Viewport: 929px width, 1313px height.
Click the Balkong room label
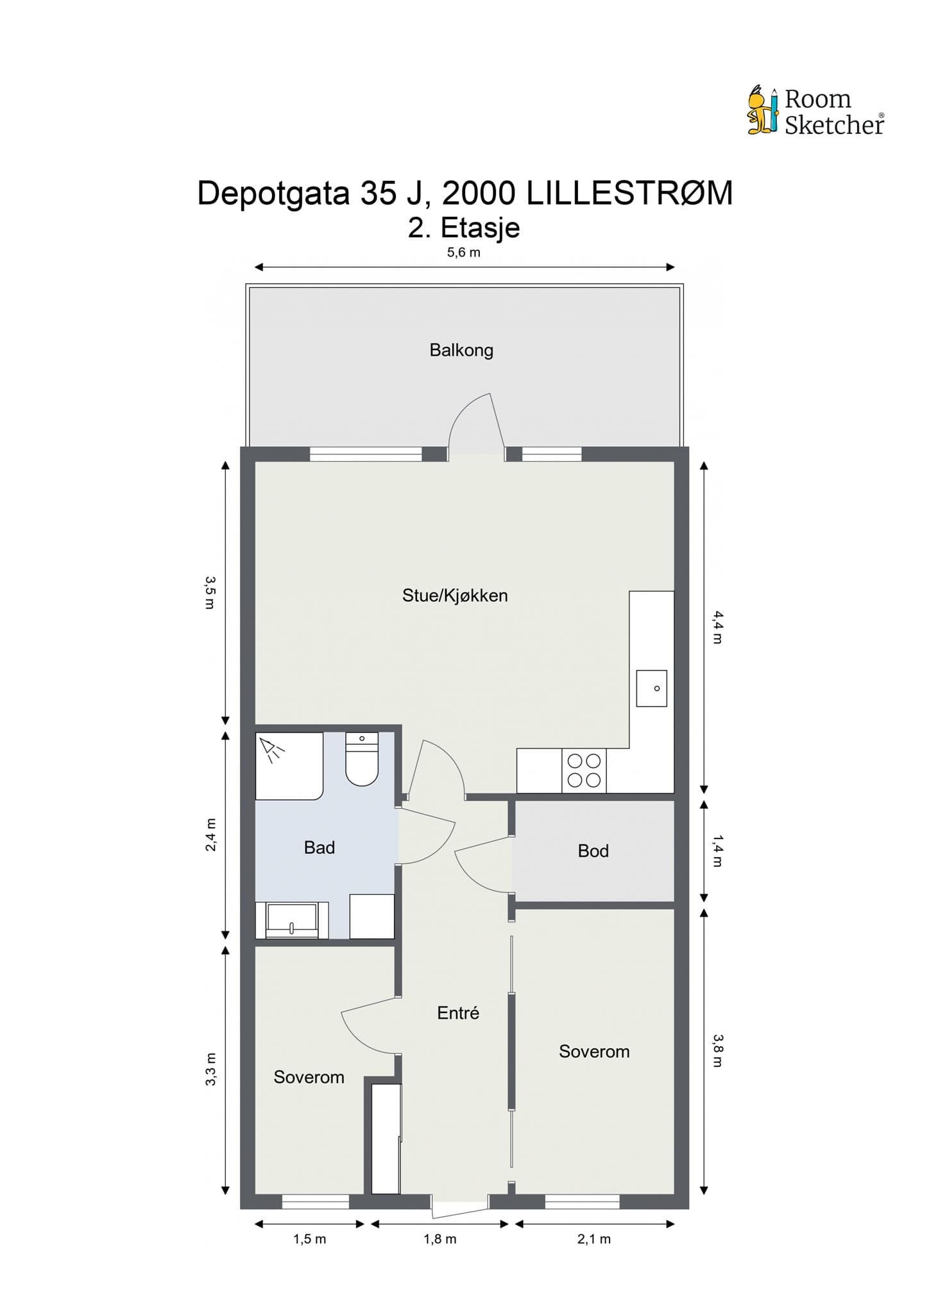(x=461, y=350)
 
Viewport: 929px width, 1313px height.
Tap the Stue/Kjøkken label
(x=455, y=596)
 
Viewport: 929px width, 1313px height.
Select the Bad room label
(x=320, y=848)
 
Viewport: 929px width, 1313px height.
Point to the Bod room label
(x=593, y=851)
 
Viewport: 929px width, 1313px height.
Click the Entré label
(x=458, y=1013)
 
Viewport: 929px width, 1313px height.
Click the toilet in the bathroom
(x=362, y=758)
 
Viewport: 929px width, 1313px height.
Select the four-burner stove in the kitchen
(x=584, y=771)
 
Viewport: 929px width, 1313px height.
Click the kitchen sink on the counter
(x=652, y=689)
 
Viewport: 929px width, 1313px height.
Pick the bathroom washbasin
(x=292, y=920)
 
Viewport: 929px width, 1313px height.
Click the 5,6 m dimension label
(x=464, y=253)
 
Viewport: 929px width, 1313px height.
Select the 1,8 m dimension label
(x=440, y=1239)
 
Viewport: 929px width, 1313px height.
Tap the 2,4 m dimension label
(x=210, y=835)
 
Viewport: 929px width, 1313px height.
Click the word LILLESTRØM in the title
(x=630, y=193)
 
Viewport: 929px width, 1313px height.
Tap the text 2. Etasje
(x=464, y=228)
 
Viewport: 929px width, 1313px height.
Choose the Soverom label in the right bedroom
(x=594, y=1051)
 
